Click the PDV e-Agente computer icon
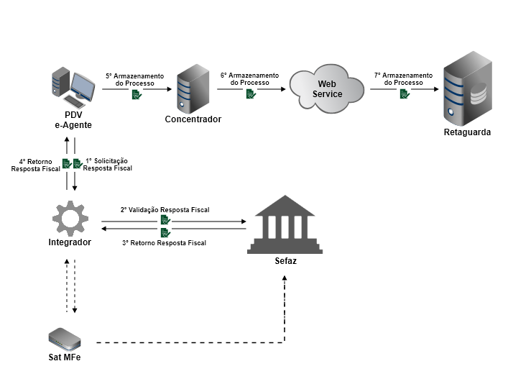74,86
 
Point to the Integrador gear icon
70,216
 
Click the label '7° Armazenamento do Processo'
403,78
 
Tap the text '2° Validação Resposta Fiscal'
165,209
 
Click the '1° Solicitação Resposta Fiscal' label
108,164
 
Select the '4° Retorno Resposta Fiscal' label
36,164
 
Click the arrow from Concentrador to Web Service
251,89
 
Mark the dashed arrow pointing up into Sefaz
285,309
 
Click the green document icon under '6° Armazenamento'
250,94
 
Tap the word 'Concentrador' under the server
193,119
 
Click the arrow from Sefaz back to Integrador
172,228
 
